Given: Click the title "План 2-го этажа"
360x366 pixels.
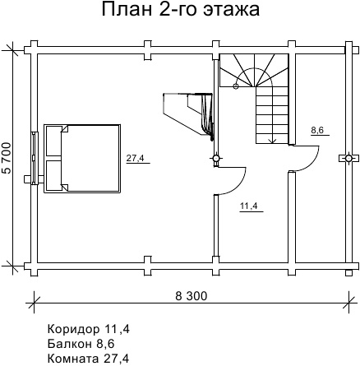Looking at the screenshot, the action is pos(181,10).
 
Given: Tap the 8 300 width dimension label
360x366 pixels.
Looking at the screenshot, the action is pos(192,296).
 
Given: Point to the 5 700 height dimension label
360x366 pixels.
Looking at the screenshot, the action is pos(7,158).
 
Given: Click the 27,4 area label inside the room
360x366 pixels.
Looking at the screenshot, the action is pos(135,158).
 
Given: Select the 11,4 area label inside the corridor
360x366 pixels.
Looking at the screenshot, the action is pos(249,206).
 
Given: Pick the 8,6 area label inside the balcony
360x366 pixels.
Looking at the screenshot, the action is pos(317,130).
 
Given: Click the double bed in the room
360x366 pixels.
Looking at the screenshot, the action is pos(82,159).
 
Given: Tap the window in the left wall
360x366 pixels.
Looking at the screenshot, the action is pos(34,158).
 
